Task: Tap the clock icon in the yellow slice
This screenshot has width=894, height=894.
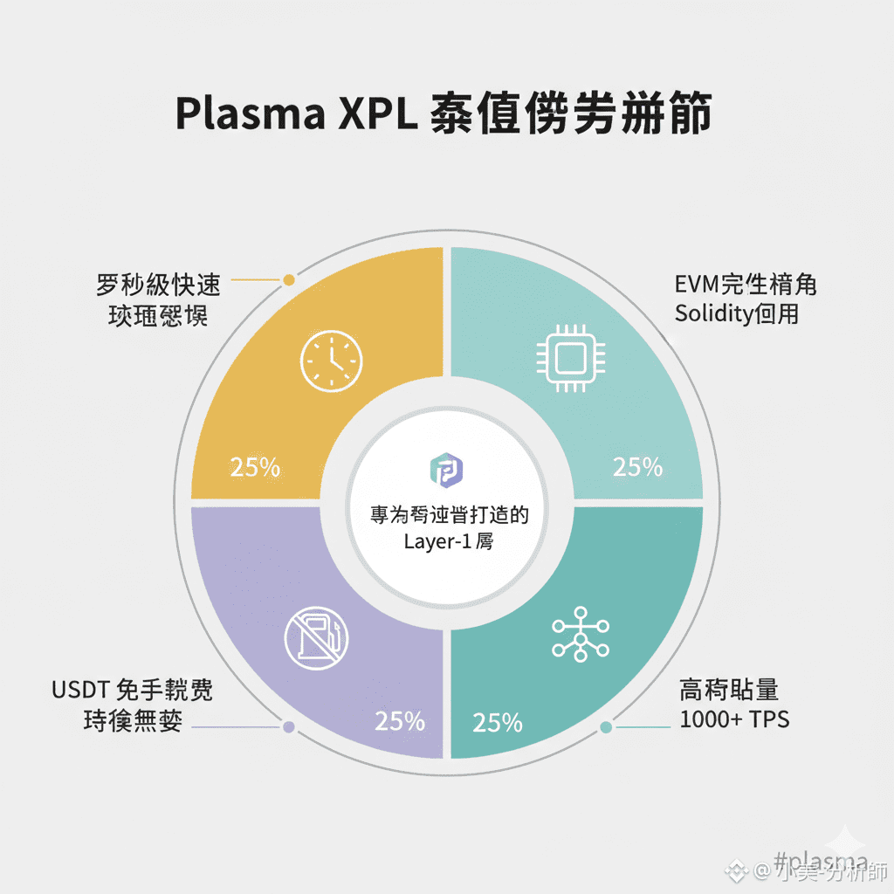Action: [331, 361]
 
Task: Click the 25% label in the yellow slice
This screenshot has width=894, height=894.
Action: [255, 467]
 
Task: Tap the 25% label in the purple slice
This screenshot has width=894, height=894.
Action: [400, 721]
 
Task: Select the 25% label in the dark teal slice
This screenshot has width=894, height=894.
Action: [498, 723]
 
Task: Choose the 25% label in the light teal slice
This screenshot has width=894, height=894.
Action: [637, 467]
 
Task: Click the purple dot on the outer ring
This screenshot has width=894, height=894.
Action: [289, 726]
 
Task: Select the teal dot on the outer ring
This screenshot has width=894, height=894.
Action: [607, 726]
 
